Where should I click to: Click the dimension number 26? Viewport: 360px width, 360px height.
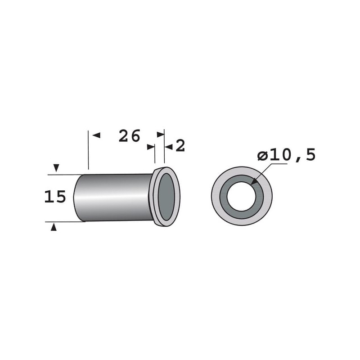(129, 136)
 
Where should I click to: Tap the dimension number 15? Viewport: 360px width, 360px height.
(55, 197)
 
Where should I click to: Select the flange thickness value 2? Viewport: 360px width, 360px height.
(180, 146)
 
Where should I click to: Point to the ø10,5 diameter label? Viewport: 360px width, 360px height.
(287, 154)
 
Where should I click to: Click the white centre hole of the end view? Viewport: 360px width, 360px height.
(241, 196)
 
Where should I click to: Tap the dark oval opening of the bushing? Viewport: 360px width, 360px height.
(166, 197)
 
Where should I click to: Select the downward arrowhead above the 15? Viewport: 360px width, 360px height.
(56, 168)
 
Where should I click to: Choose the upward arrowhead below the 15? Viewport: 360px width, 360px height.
(54, 227)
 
